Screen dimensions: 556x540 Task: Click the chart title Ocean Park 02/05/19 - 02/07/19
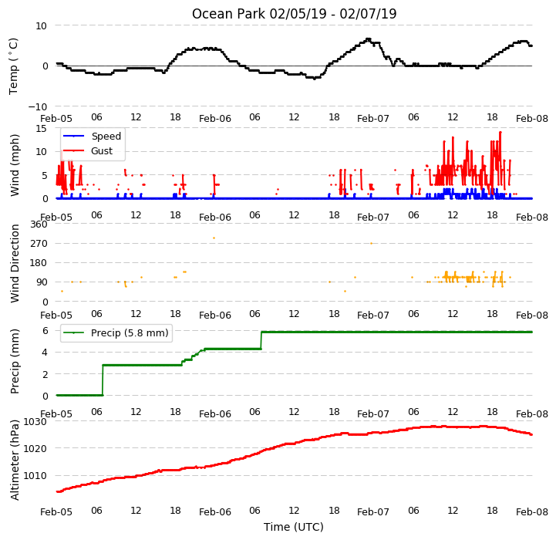click(294, 14)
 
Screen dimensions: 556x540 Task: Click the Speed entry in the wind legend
click(106, 136)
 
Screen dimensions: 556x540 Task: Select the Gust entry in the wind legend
click(102, 150)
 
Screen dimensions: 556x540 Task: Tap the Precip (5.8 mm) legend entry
click(130, 332)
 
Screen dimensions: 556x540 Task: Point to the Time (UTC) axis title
click(294, 527)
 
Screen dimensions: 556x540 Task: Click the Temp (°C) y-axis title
click(13, 66)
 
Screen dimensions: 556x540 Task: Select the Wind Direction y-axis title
click(15, 263)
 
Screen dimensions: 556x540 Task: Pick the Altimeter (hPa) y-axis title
click(15, 460)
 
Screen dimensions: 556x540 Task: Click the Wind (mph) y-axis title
click(15, 165)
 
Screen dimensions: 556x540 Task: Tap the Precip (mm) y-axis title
click(15, 361)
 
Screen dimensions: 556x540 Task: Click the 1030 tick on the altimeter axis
click(35, 421)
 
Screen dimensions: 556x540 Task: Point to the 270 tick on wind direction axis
click(39, 244)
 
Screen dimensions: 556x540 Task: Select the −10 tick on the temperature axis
click(38, 106)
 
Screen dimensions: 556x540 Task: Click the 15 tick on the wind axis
click(42, 128)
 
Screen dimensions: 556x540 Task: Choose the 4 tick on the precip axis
click(45, 353)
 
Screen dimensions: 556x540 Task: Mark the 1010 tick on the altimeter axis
click(35, 475)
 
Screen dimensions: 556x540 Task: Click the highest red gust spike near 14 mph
click(500, 133)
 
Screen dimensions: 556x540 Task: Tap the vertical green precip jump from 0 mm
click(103, 380)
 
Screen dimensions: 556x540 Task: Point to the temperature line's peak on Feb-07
click(369, 39)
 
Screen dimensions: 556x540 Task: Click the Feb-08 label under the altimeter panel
click(532, 512)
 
